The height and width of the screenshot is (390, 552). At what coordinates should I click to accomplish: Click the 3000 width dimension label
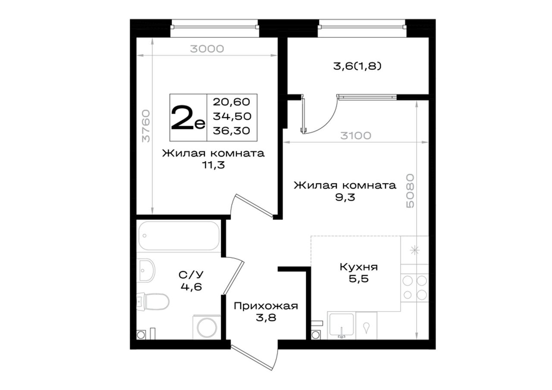tap(207, 49)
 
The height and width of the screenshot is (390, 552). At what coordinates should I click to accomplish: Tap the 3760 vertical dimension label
tap(146, 126)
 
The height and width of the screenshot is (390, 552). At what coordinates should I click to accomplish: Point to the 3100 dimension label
tap(356, 136)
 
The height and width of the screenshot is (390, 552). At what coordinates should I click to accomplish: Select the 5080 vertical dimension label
tap(410, 191)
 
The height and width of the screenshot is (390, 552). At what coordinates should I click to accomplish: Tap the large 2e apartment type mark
tap(188, 118)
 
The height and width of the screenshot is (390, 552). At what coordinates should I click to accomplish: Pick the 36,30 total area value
tap(232, 131)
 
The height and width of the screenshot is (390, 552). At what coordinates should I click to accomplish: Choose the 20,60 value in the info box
tap(232, 102)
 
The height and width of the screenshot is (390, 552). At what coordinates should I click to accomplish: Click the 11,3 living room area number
tap(213, 165)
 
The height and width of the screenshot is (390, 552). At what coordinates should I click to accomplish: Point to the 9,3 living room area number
tap(345, 197)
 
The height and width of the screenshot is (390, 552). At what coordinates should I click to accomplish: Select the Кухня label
tap(358, 267)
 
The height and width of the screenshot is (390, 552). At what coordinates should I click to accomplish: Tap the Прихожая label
tap(266, 306)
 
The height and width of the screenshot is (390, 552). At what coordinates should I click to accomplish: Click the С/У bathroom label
tap(191, 275)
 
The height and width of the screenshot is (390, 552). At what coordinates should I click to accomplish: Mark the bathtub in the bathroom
tap(179, 236)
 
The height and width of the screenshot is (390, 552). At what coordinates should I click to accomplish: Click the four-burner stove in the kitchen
tap(415, 287)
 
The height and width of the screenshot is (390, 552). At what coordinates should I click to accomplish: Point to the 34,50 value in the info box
tap(232, 116)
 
